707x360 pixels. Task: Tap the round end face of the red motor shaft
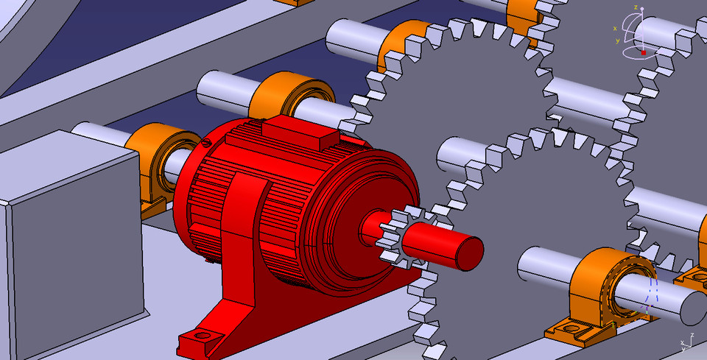(x=468, y=252)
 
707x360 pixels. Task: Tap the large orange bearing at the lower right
(x=605, y=287)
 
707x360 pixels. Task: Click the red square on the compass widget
(x=644, y=53)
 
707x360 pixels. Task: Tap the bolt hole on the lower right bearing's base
(x=569, y=327)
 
